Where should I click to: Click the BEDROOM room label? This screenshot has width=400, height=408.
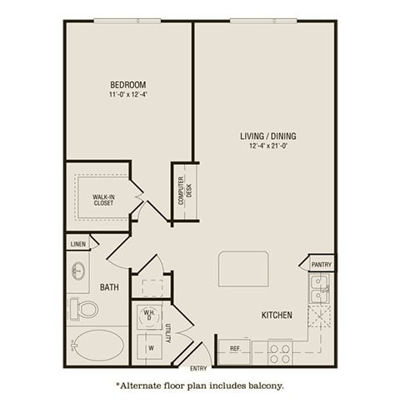(128, 84)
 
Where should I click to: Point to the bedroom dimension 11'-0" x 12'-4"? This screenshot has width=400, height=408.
(128, 95)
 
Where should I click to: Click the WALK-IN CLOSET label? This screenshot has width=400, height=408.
(103, 201)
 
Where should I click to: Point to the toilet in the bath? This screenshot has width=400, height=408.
(83, 309)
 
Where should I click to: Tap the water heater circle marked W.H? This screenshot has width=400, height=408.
(149, 315)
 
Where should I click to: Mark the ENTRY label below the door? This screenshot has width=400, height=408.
(198, 368)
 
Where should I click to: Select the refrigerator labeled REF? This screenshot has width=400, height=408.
(235, 349)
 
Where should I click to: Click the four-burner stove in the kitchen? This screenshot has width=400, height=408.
(280, 350)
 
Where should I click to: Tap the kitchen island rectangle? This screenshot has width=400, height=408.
(243, 269)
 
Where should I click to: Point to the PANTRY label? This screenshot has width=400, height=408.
(321, 265)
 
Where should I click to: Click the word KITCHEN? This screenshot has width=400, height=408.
(276, 316)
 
